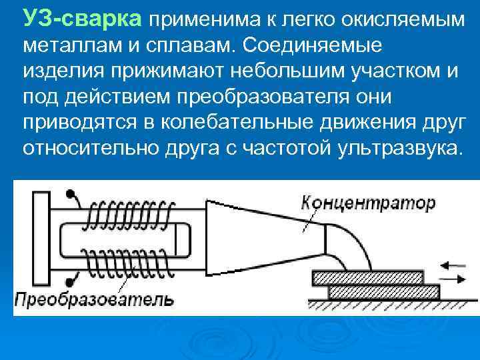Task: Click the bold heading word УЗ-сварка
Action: (x=82, y=19)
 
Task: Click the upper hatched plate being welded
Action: (x=367, y=277)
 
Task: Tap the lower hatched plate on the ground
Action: (x=383, y=291)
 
